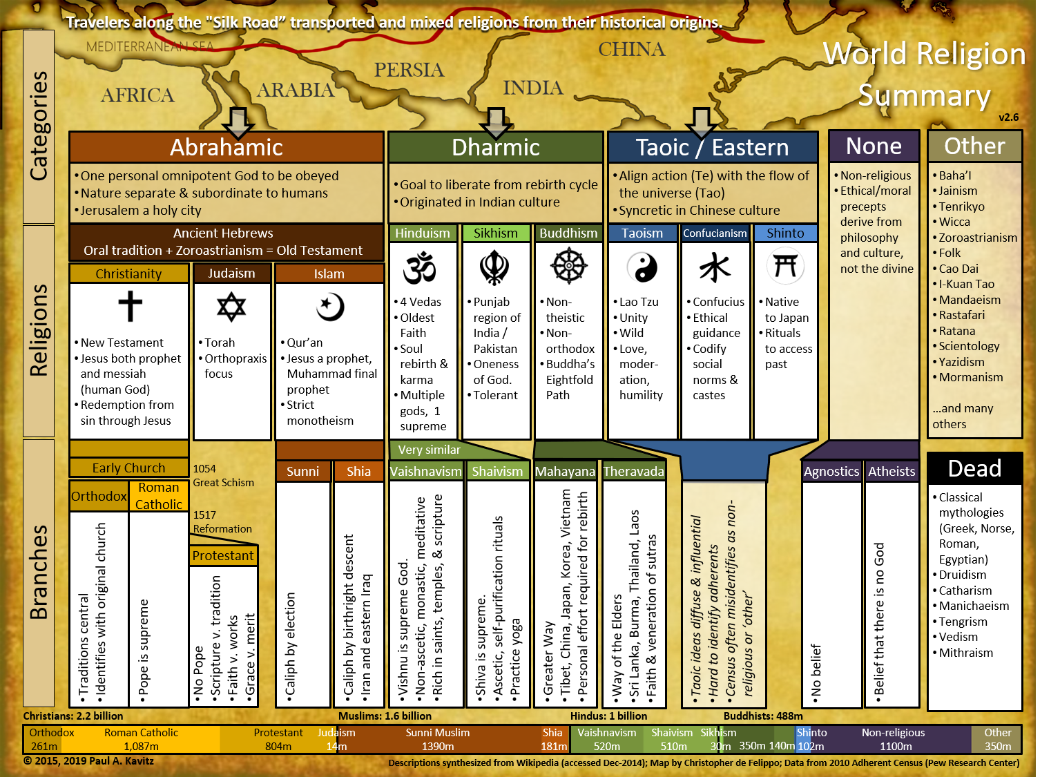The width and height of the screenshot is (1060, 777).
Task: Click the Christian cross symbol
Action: (130, 306)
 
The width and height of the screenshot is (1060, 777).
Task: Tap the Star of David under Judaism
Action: (231, 307)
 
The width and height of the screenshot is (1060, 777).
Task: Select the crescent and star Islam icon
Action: (330, 307)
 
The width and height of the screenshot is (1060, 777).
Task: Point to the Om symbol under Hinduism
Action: (420, 268)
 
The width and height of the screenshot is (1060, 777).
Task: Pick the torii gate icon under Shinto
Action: (785, 266)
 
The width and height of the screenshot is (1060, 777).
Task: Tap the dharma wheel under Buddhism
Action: (568, 266)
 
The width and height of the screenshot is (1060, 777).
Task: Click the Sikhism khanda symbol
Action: (494, 267)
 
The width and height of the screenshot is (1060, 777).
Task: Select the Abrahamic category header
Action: (227, 147)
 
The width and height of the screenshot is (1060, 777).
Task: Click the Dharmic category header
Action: (495, 147)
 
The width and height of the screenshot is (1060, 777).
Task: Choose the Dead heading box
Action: (974, 468)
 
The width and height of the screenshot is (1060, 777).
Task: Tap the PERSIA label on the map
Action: (409, 70)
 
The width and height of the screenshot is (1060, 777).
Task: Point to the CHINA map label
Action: (631, 49)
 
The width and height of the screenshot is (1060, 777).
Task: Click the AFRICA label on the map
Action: (137, 95)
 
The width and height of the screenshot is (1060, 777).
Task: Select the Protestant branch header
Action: (223, 555)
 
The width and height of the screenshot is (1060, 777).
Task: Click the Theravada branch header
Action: (633, 471)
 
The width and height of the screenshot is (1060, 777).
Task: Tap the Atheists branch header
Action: (892, 471)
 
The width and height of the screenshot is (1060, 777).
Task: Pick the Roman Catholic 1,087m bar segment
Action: (141, 739)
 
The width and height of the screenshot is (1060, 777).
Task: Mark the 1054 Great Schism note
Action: (223, 475)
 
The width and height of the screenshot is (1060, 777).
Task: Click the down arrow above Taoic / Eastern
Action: (701, 122)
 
